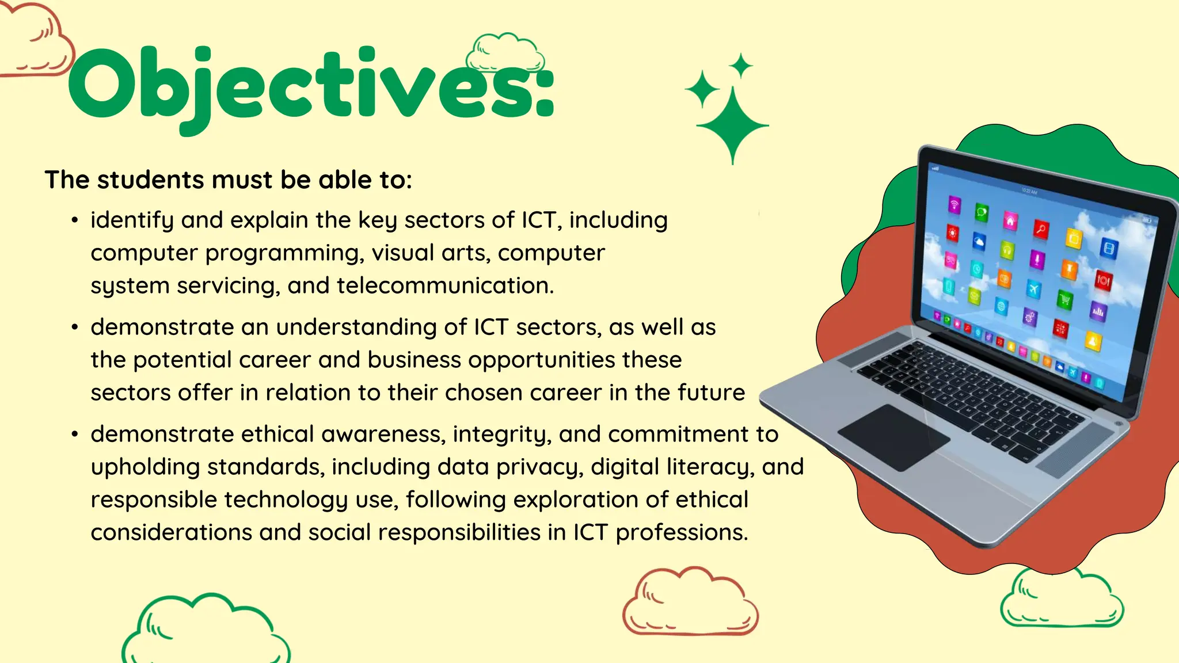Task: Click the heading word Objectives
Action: pos(311,86)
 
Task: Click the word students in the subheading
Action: pos(151,180)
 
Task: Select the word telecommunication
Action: pos(444,286)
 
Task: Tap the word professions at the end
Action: pos(682,533)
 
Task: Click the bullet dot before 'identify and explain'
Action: pos(75,220)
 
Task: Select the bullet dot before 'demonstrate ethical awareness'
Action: pos(75,435)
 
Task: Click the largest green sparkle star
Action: pos(732,125)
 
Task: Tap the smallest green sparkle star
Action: pos(741,66)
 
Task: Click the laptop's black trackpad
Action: pos(893,437)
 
